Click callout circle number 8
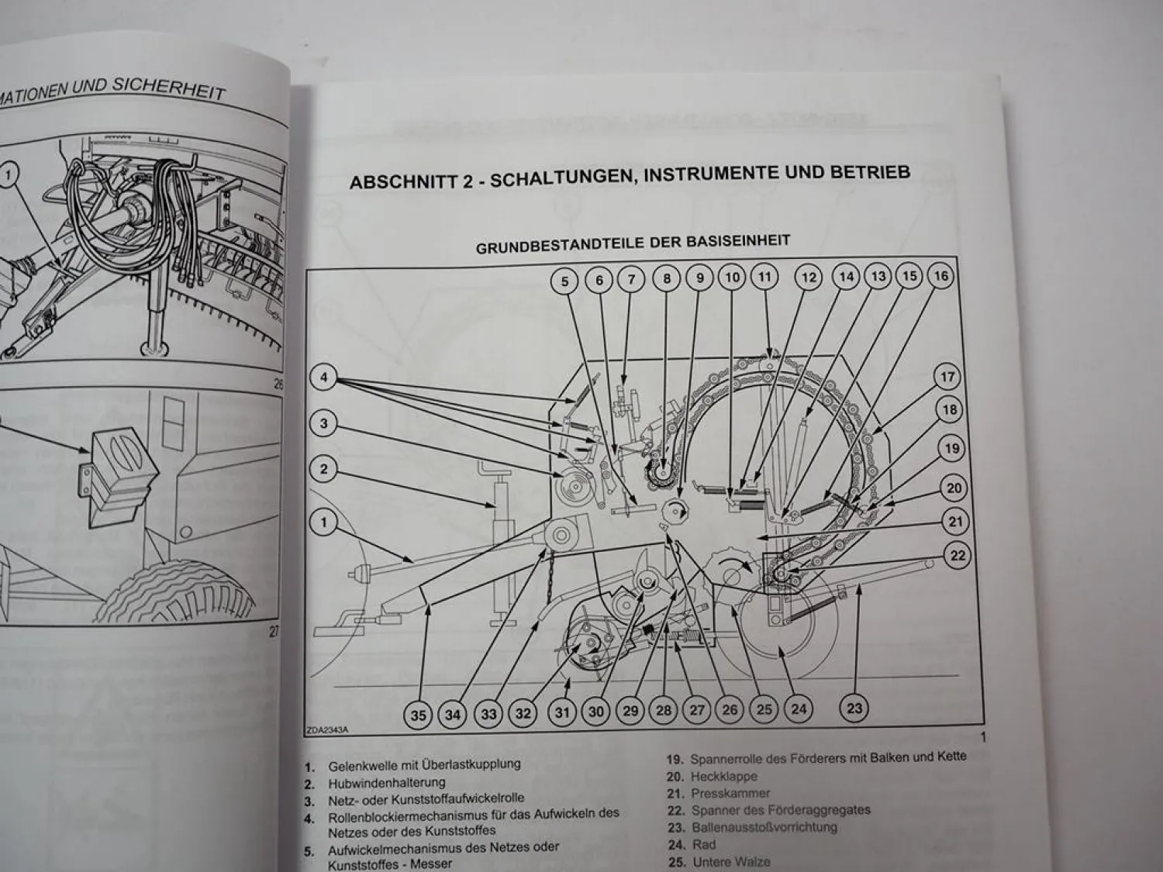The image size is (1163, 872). (667, 278)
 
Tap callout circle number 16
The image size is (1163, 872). (940, 276)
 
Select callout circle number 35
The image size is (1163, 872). (418, 715)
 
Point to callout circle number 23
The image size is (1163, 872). (854, 707)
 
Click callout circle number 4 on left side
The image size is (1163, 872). (324, 378)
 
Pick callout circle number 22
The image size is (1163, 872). (958, 555)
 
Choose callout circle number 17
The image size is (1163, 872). (947, 377)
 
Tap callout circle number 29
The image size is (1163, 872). (630, 711)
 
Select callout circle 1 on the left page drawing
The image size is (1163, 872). (8, 175)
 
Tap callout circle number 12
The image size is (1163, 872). (809, 277)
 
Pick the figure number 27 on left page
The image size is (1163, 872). (273, 632)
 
